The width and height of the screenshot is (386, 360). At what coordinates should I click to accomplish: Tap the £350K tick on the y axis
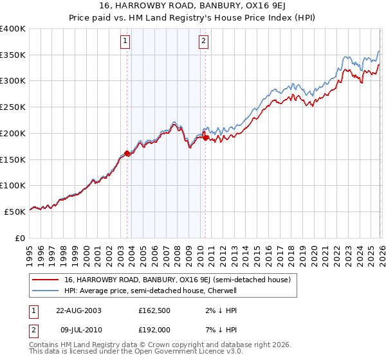[x=13, y=55]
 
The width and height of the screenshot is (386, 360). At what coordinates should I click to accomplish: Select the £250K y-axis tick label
[x=13, y=107]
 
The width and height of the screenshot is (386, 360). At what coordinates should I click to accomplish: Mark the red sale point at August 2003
[x=127, y=153]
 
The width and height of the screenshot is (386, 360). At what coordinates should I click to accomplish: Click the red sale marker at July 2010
[x=205, y=138]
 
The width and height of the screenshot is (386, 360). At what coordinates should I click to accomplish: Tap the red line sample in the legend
[x=45, y=280]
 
